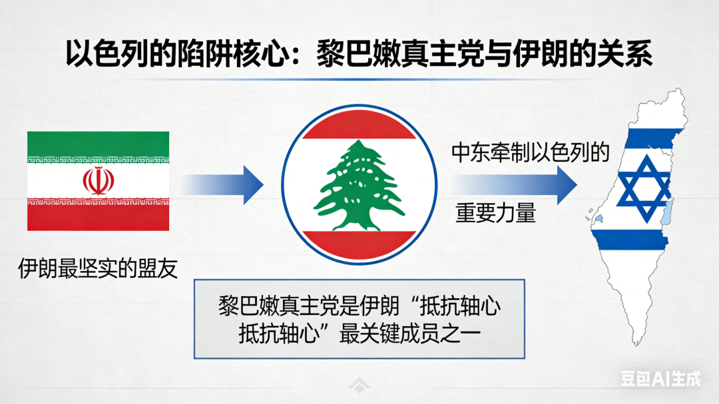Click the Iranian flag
coord(98,180)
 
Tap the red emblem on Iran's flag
coord(98,180)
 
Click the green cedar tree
coord(359,184)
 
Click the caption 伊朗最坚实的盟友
coord(98,268)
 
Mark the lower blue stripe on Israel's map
coord(632,240)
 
